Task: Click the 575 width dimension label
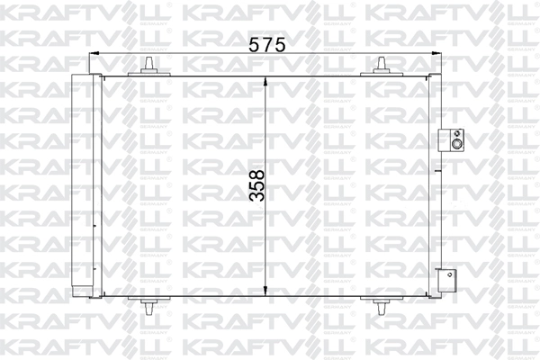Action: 265,42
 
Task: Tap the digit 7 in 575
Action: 265,42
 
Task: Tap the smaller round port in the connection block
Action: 457,132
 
